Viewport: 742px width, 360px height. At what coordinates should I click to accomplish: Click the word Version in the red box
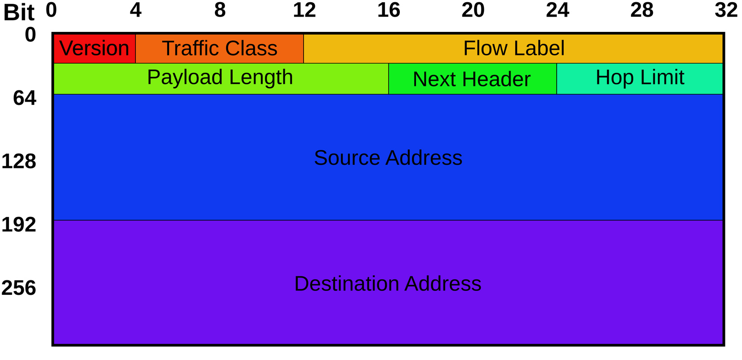94,49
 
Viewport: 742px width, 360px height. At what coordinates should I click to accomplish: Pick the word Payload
185,77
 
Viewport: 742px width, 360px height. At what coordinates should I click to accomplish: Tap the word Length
261,77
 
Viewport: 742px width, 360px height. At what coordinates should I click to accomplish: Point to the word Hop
615,77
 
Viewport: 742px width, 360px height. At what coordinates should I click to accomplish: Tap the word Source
347,158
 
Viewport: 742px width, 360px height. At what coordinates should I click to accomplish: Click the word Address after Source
424,158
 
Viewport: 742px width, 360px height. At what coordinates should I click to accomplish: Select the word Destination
347,284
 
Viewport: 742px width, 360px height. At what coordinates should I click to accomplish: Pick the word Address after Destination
443,284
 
